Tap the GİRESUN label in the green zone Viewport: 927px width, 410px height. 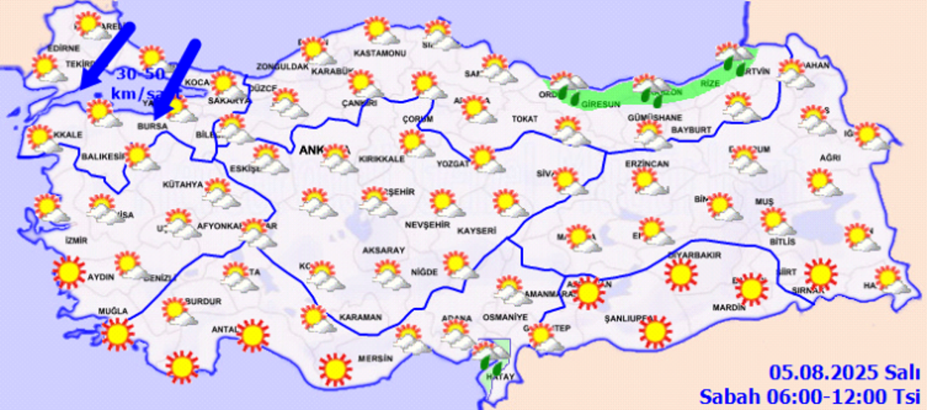601,105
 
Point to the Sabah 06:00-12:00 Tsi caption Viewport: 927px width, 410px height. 810,395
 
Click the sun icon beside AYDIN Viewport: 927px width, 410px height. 70,272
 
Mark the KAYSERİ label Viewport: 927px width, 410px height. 476,231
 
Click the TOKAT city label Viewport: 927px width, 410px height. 523,119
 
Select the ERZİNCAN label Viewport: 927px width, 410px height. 646,163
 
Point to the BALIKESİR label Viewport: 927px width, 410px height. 102,157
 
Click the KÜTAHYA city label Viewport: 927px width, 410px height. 182,185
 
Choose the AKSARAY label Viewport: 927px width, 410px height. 383,250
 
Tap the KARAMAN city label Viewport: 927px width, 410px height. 360,318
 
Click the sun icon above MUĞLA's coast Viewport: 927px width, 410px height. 117,334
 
